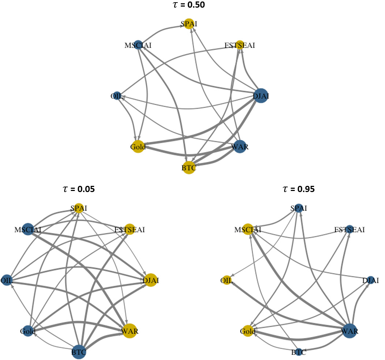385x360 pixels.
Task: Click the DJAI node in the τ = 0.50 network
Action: (x=261, y=96)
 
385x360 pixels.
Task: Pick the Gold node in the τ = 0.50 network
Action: (x=138, y=147)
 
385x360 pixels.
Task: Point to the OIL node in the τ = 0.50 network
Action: (x=116, y=96)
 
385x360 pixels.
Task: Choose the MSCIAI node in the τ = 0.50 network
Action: (x=138, y=45)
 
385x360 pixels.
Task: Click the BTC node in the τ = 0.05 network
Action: (x=79, y=352)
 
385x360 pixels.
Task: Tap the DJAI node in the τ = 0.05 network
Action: (x=151, y=280)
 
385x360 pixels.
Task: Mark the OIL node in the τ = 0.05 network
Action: (x=7, y=280)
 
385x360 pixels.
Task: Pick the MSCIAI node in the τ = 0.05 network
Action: (x=28, y=229)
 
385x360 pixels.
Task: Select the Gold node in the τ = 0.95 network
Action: (x=248, y=331)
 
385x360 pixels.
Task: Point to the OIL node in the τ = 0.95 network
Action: (x=227, y=280)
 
